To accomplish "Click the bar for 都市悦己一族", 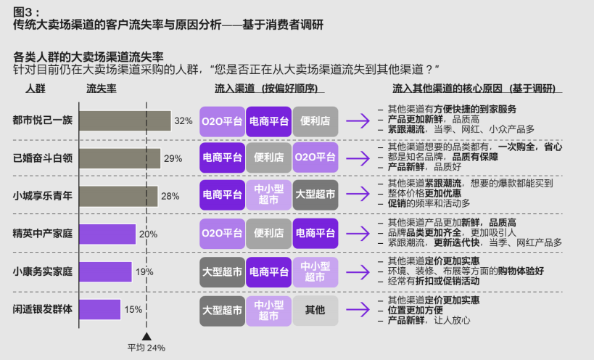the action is coord(125,121).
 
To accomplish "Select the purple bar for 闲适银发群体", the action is coord(100,310).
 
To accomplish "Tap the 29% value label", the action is coord(173,159).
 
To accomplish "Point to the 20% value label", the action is coord(148,234).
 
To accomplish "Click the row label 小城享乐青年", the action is coord(42,196).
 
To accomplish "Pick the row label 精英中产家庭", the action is coord(42,234).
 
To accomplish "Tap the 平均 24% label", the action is coord(147,348).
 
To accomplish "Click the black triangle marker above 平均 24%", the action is coord(147,337).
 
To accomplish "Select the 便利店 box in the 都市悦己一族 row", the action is coord(315,121).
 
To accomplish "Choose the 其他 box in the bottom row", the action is coord(315,311).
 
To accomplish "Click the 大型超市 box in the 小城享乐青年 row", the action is coord(315,195).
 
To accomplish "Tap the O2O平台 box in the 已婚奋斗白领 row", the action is coord(315,157).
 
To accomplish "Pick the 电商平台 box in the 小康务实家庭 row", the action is coord(268,272).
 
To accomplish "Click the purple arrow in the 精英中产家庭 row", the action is coord(358,234).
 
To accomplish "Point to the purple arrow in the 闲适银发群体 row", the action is coord(358,310).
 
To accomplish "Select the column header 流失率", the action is coord(101,89).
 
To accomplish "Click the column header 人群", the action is coord(36,89).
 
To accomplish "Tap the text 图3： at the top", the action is coord(26,12).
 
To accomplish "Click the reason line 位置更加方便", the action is coord(415,311).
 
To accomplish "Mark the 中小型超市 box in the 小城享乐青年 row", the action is coord(268,195).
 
